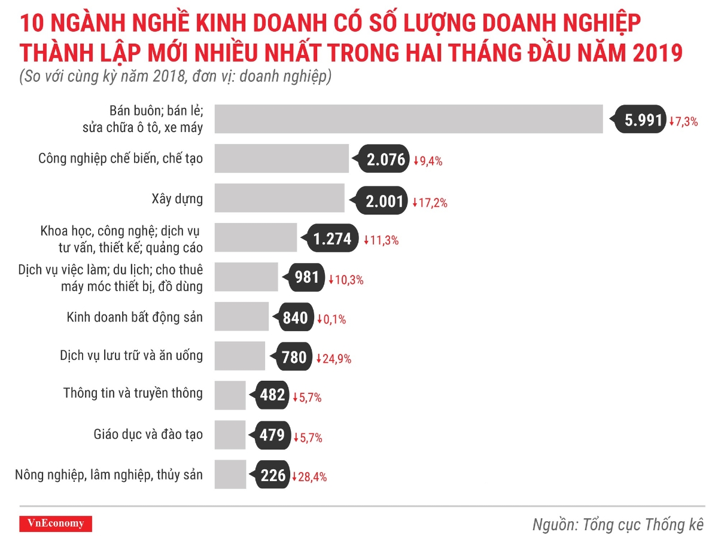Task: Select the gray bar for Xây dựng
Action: click(x=279, y=198)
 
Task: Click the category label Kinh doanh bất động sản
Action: click(x=135, y=317)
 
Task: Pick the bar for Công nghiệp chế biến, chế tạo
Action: click(x=281, y=159)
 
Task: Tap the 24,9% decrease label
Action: click(x=334, y=359)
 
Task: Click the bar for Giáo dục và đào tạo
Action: click(x=230, y=435)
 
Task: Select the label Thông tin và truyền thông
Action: click(x=133, y=393)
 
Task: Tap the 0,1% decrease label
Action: click(x=331, y=320)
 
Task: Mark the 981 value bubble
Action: click(x=307, y=278)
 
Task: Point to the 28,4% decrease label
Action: click(x=309, y=477)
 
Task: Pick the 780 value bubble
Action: click(x=294, y=357)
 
